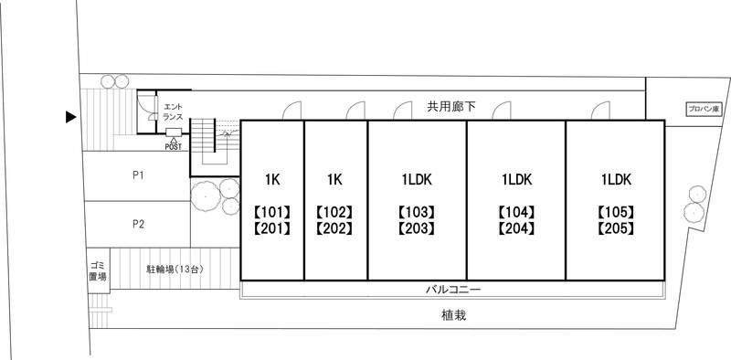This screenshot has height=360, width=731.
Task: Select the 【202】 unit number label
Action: coord(334,228)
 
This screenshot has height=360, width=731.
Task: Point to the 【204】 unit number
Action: coord(516,228)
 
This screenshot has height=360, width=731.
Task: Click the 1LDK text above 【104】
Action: coord(516,178)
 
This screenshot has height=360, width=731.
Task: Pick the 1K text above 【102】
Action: coord(334,178)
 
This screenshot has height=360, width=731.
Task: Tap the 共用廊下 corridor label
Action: coord(451,107)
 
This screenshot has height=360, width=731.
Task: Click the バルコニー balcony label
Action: coord(453,290)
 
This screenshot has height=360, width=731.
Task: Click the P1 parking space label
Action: coord(138,175)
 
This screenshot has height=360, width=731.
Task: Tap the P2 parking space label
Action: coord(138,223)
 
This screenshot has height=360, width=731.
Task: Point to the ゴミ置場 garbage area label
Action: coord(98,270)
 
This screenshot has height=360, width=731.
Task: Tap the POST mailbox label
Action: coord(174,145)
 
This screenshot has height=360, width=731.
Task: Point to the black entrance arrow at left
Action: coord(69,117)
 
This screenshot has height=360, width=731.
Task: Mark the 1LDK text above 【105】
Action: coord(615,178)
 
